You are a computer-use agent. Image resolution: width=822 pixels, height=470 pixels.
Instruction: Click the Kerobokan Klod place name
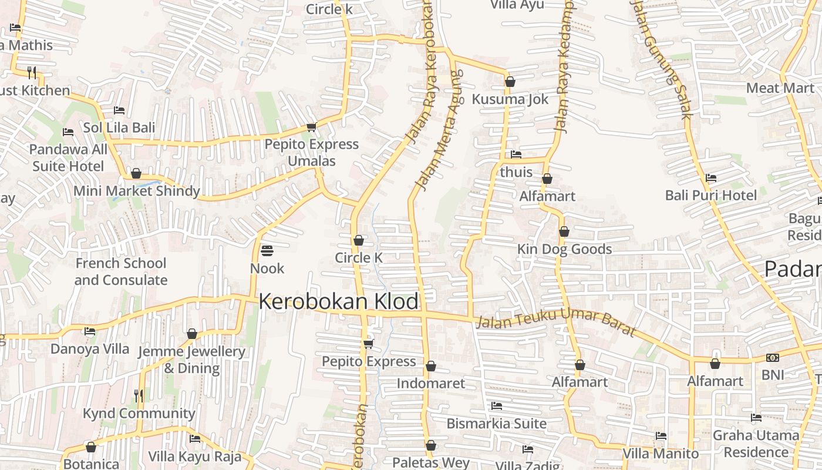click(x=339, y=301)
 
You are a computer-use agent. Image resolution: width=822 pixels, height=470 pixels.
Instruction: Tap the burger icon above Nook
click(x=267, y=251)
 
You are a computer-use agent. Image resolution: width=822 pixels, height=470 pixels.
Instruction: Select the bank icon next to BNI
click(x=773, y=357)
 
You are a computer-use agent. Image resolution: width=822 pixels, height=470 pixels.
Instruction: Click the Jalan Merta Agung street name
click(x=439, y=130)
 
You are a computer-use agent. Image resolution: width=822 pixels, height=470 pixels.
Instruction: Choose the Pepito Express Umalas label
click(x=311, y=152)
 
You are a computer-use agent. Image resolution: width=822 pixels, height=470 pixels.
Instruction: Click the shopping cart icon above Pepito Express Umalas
click(x=311, y=127)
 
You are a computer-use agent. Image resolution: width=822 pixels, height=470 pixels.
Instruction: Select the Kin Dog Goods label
click(x=564, y=249)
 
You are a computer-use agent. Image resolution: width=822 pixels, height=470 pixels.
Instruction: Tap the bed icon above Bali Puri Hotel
click(x=711, y=177)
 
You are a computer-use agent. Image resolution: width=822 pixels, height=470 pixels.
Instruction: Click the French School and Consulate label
click(x=121, y=271)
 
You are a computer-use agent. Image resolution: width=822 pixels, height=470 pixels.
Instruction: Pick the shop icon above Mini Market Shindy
click(x=136, y=173)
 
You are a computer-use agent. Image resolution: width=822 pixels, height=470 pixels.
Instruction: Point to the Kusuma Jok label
click(x=510, y=99)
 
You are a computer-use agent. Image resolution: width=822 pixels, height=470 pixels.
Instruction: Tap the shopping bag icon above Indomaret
click(x=431, y=366)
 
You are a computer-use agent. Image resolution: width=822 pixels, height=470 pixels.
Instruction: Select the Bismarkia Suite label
click(x=496, y=423)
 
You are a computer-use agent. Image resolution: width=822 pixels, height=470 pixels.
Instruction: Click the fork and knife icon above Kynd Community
click(x=139, y=395)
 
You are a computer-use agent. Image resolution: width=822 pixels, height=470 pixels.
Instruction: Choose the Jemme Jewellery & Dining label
click(x=191, y=360)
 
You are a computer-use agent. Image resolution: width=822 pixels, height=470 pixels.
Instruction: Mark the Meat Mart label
click(x=780, y=88)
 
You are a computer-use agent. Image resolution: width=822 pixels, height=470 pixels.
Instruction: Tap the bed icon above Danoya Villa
click(x=90, y=331)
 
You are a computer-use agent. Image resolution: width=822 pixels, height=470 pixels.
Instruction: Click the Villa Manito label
click(x=661, y=454)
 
